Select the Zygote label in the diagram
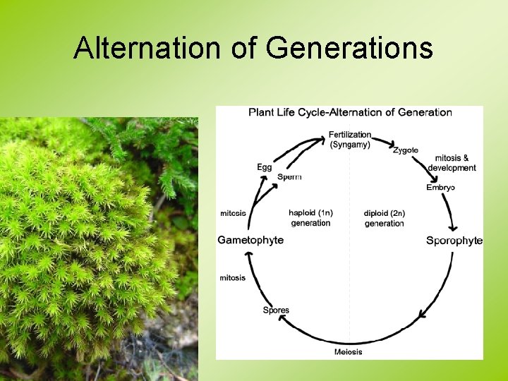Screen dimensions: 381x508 point(406,150)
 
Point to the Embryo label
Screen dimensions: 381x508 point(440,187)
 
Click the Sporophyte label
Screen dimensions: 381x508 point(454,241)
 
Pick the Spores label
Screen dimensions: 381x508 point(276,310)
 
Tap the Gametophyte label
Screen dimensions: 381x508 point(250,240)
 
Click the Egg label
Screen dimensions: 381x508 point(264,167)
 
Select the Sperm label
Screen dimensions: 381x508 point(289,176)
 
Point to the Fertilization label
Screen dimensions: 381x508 point(350,135)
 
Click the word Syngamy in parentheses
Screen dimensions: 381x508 point(350,145)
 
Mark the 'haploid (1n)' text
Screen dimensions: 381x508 point(310,213)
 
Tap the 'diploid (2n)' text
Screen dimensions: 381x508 point(385,213)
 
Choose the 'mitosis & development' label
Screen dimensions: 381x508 point(452,163)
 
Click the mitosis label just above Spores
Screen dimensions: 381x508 point(233,278)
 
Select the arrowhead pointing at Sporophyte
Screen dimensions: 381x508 point(454,229)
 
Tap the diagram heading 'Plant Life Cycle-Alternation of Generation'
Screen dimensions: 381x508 point(350,112)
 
